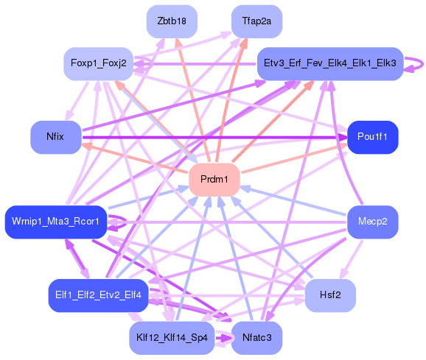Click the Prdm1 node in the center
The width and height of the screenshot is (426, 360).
[214, 180]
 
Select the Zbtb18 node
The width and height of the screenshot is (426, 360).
[172, 21]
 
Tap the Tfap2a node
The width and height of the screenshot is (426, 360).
[256, 21]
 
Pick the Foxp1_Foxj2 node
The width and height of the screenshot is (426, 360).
[98, 64]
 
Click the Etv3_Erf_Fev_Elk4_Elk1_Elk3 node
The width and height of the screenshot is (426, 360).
[330, 64]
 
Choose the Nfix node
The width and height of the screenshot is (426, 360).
[55, 137]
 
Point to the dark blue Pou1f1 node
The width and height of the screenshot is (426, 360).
[373, 137]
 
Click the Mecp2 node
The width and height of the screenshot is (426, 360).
[373, 222]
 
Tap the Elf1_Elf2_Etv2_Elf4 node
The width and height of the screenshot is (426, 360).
[98, 294]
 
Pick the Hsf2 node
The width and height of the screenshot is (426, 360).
[330, 294]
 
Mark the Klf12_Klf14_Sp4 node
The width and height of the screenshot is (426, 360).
[172, 338]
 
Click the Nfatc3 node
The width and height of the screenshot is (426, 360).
[256, 338]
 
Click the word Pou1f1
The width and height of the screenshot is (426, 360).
[373, 137]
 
